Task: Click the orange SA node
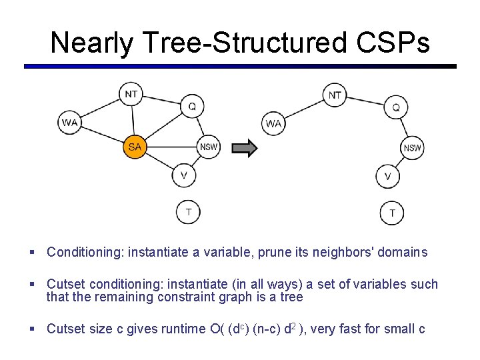(x=134, y=147)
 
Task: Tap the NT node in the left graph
(x=131, y=94)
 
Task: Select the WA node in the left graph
(x=69, y=123)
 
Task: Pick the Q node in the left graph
(x=192, y=106)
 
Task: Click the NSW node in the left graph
(x=209, y=147)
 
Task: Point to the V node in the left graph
(x=184, y=175)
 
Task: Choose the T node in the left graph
(x=188, y=212)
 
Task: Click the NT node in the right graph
(x=335, y=95)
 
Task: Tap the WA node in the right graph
(x=273, y=123)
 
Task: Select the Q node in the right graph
(x=396, y=107)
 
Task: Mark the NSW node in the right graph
(x=413, y=147)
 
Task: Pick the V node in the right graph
(x=388, y=176)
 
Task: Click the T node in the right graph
(x=392, y=213)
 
